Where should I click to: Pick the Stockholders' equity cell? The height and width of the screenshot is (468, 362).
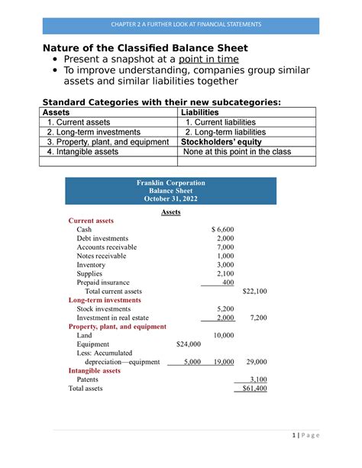(221, 142)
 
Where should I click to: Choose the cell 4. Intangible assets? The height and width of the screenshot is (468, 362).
(82, 152)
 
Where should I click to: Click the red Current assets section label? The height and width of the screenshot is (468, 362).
(91, 221)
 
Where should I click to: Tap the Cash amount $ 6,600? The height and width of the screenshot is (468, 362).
(222, 230)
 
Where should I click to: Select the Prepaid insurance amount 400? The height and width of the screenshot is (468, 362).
(228, 282)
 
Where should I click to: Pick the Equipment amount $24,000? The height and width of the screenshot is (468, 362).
(188, 344)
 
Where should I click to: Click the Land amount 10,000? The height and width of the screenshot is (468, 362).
(224, 335)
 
